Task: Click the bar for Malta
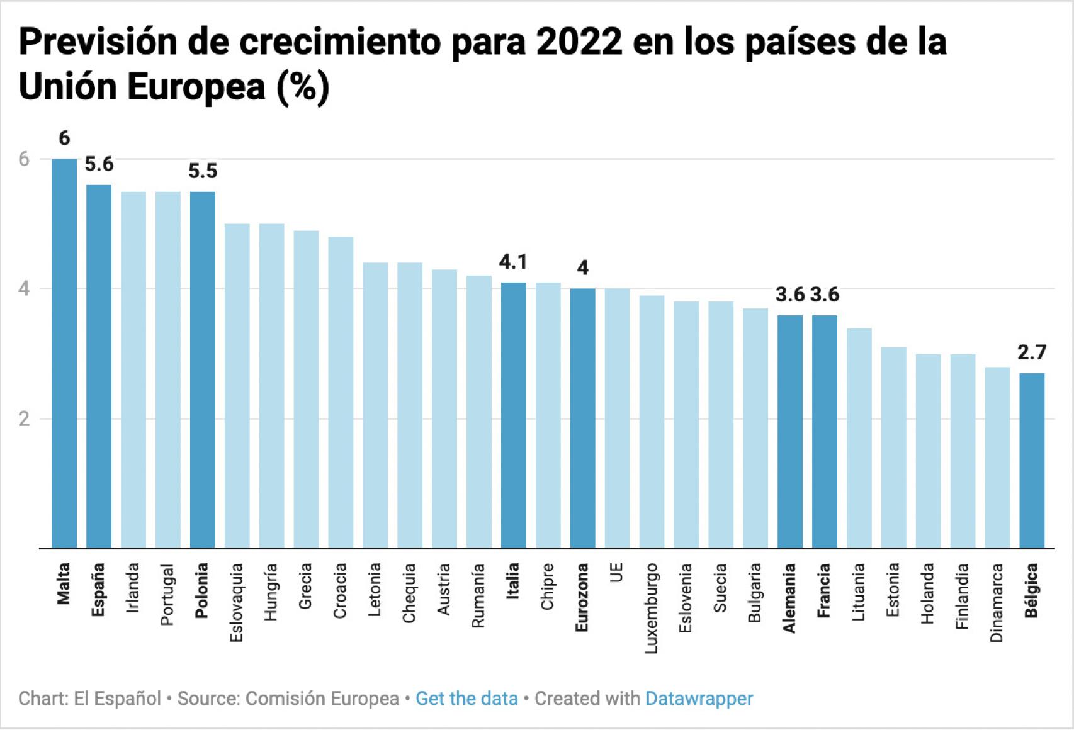64,352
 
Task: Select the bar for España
99,365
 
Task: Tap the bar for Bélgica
1032,460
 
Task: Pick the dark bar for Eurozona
582,418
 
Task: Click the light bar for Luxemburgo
652,421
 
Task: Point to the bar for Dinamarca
997,457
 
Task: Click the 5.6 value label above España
99,165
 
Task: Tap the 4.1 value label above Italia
513,262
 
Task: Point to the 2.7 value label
1032,353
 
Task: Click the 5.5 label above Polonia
202,171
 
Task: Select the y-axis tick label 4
24,289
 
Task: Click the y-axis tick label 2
24,419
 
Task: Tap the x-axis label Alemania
789,598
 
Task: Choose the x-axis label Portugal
167,595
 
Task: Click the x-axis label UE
617,573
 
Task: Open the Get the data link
466,699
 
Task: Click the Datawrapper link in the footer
699,699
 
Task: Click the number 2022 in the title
579,42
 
